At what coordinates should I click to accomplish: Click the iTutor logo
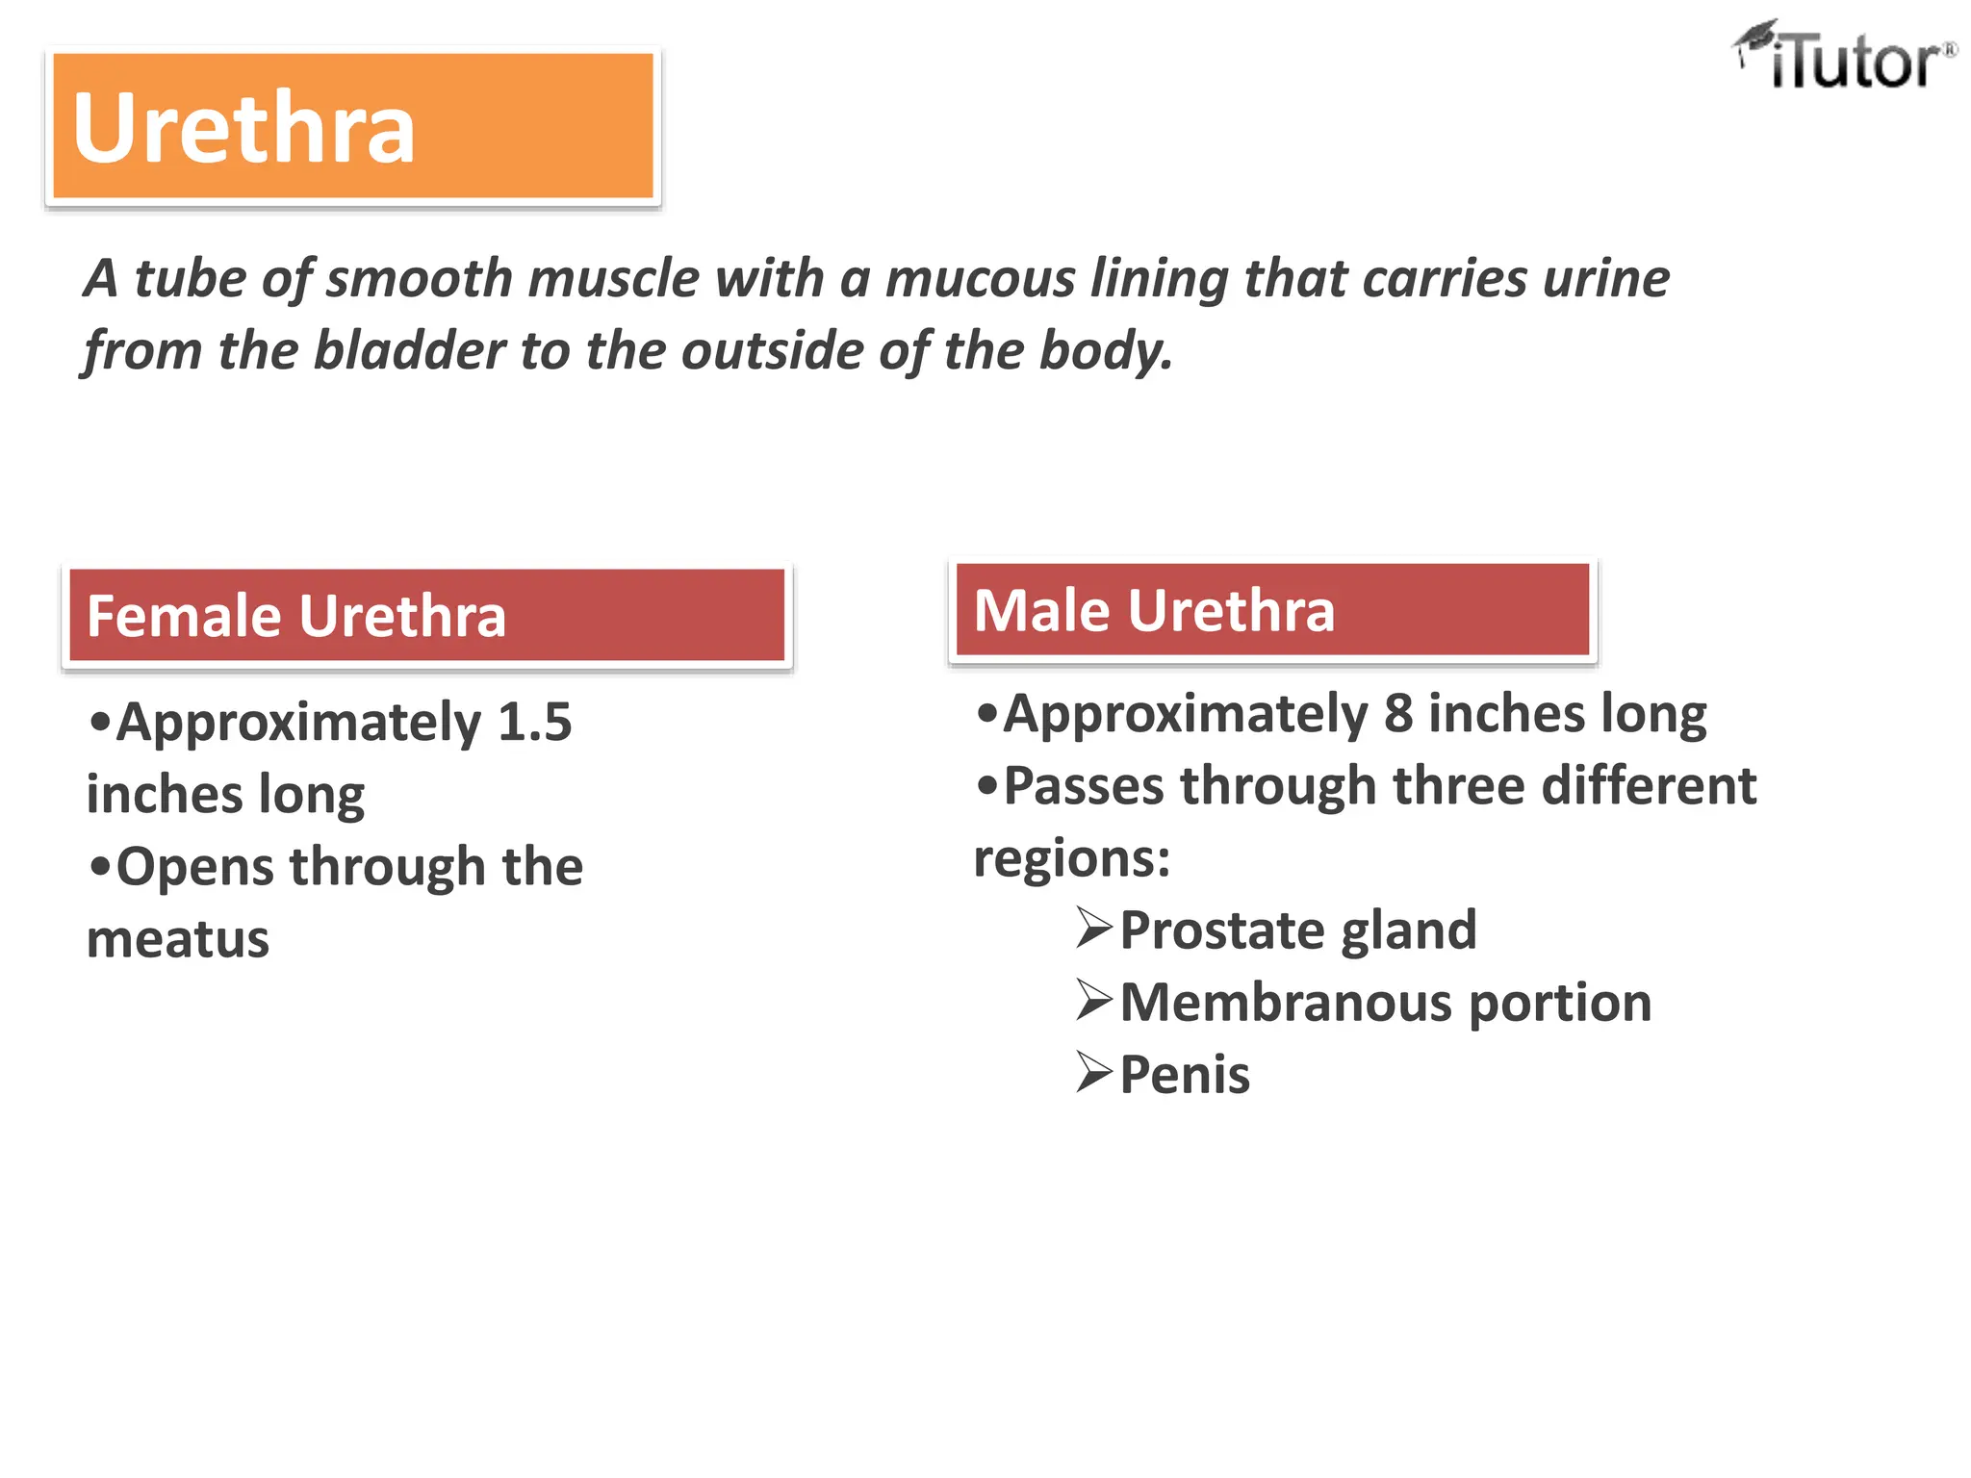1844,58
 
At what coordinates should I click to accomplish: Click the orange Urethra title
243,128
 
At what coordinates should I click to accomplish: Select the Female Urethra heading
296,616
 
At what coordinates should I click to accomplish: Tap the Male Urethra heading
1154,610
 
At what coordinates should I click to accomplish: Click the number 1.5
534,722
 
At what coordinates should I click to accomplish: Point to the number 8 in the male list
1398,714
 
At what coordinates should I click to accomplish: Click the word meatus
178,939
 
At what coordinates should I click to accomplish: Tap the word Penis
1185,1075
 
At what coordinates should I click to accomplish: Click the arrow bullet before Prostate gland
1094,928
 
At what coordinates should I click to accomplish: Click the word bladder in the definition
409,350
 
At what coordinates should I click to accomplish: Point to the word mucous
979,279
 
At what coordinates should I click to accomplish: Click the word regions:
1072,858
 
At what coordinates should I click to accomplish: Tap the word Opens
194,868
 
